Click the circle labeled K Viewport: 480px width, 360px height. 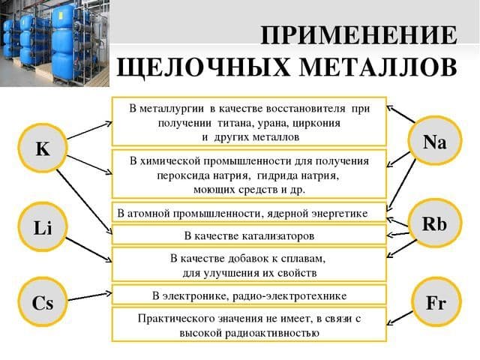[43, 148]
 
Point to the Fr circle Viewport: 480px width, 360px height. [435, 304]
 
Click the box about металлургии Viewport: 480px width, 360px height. [249, 121]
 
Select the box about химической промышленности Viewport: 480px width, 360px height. [249, 175]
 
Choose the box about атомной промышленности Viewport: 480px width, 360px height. [249, 213]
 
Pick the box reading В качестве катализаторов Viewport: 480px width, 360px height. [249, 235]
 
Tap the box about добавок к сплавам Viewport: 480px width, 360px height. [249, 264]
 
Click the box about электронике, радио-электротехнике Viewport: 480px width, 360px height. [249, 295]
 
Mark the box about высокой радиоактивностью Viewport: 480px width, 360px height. [249, 325]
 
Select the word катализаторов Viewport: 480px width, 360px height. [272, 235]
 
